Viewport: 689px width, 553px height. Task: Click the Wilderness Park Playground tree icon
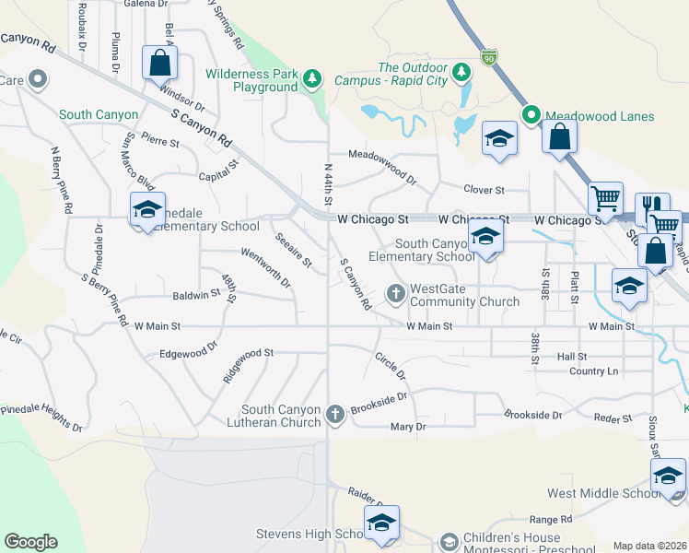pos(313,78)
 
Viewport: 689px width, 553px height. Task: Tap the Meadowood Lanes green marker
pos(531,115)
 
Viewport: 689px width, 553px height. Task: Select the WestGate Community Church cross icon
pos(397,294)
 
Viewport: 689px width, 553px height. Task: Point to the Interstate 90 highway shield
pos(489,57)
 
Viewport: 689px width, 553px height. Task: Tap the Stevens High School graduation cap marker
pos(380,523)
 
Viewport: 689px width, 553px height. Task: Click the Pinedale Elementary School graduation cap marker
pos(147,209)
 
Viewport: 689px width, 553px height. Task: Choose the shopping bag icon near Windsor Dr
pos(159,63)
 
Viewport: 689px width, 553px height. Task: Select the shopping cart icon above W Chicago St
pos(605,198)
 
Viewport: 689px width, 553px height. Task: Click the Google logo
pos(31,542)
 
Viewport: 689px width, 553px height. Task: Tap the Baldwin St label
pos(196,295)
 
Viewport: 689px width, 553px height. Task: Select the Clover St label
pos(485,190)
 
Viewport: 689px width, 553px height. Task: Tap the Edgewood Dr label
pos(188,351)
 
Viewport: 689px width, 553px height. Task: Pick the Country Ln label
pos(593,371)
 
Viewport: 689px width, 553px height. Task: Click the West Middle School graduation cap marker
pos(668,476)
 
